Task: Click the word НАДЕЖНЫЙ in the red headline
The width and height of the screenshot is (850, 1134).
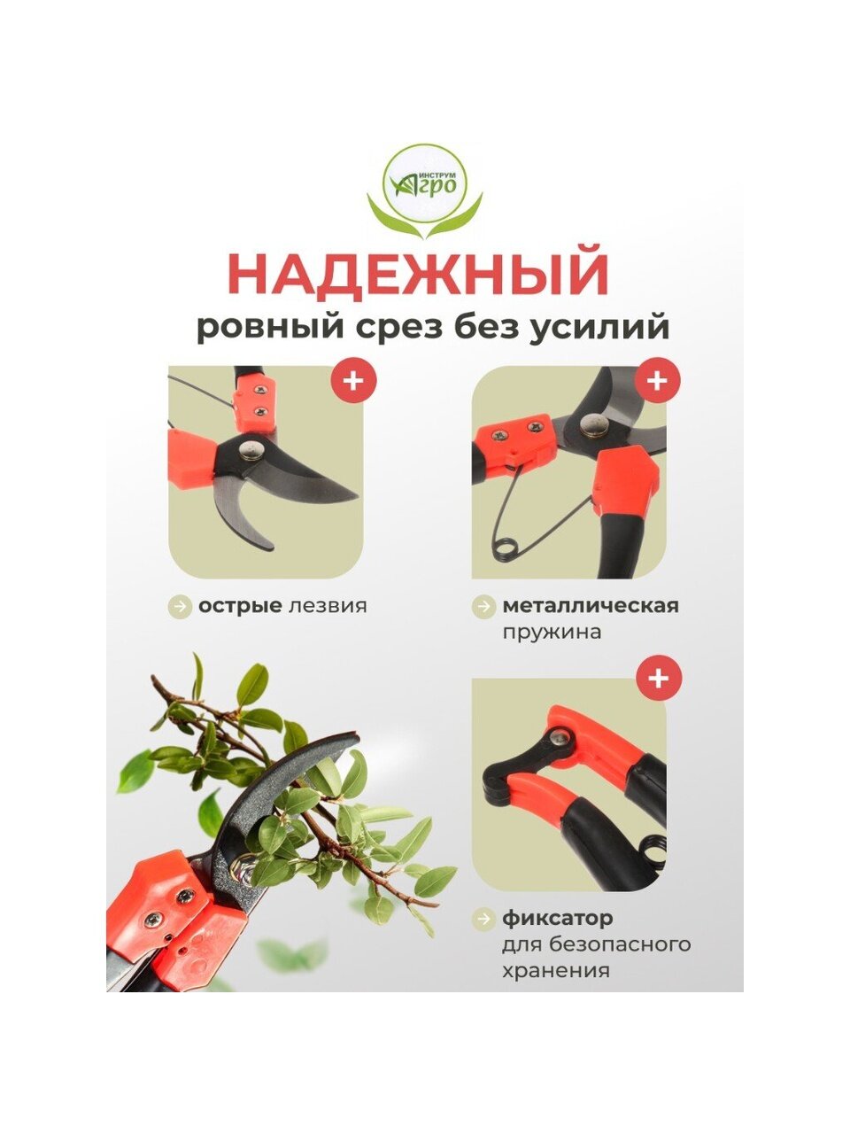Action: (418, 274)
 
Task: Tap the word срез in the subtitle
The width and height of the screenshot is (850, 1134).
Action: (404, 327)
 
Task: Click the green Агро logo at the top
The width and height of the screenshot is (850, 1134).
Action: (425, 191)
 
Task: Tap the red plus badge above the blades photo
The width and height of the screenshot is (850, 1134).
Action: (353, 381)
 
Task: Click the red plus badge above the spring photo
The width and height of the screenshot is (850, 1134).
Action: (657, 381)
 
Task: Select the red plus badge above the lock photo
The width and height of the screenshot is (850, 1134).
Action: (658, 679)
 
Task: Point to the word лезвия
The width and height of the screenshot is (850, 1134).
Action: (328, 605)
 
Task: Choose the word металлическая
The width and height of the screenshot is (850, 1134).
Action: (591, 605)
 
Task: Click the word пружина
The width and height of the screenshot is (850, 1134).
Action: (552, 633)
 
